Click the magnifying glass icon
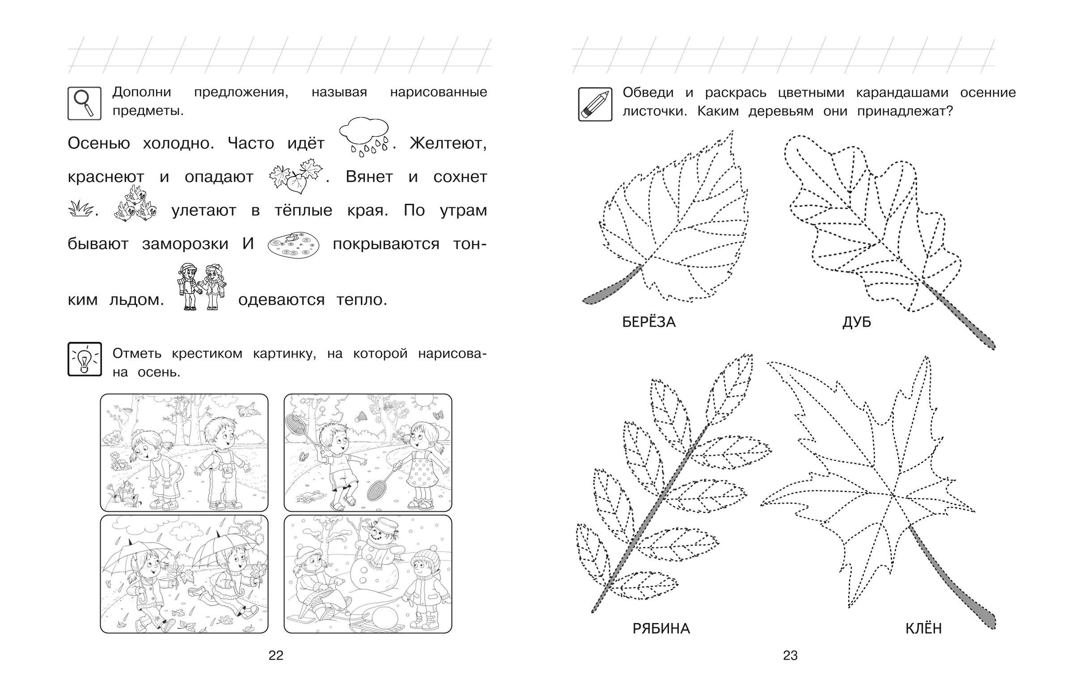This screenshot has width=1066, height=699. [85, 103]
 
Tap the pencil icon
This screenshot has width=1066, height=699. [595, 104]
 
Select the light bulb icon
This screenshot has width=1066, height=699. [85, 359]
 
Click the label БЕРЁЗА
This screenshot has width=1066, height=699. [649, 322]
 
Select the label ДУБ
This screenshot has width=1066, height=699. [857, 322]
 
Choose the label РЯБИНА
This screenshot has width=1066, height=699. [661, 629]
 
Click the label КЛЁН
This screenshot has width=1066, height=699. [923, 629]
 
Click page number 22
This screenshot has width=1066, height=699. [276, 656]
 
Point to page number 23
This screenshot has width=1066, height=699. [790, 656]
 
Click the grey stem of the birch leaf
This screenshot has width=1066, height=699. [612, 286]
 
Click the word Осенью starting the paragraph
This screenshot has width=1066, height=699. [98, 143]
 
